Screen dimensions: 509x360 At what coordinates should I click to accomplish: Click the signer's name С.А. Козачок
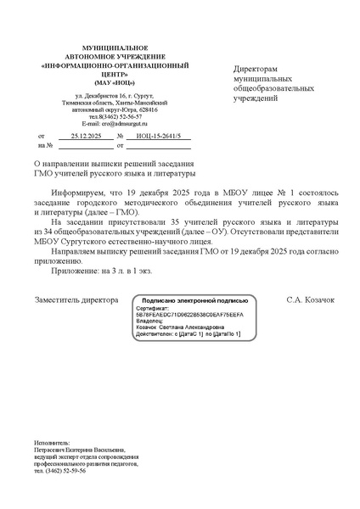tap(311, 300)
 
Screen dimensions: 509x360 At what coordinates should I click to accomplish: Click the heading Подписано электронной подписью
tap(194, 300)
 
